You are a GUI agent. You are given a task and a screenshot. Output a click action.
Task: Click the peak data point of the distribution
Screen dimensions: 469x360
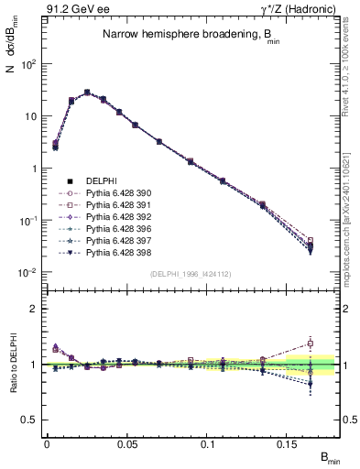pos(87,93)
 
